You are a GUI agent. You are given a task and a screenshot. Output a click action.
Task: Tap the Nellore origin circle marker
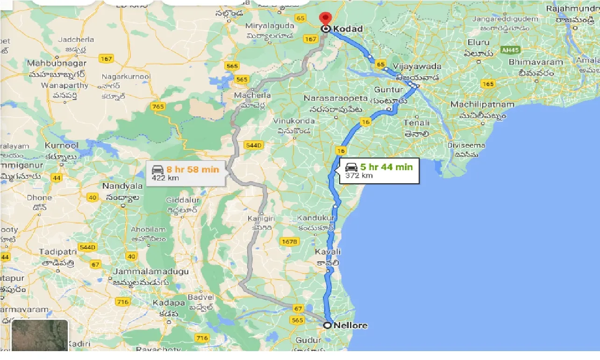coord(327,325)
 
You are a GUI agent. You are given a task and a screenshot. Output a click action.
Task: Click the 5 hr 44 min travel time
coord(386,166)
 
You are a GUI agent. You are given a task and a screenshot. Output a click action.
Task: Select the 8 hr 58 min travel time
coord(192,169)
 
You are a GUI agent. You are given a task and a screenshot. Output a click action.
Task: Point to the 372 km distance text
coord(359,176)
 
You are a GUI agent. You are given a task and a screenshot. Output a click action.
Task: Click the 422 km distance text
coord(165,178)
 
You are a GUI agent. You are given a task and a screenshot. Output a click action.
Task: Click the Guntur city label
coord(388,89)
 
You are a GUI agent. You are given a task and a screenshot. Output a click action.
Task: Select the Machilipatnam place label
coord(482,105)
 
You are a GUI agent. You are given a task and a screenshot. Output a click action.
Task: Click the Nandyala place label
coord(119,186)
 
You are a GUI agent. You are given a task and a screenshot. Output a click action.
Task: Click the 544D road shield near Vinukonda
coord(253,145)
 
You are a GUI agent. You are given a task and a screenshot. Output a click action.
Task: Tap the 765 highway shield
coord(158,107)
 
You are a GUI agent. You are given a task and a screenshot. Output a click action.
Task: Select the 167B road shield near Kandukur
coord(289,241)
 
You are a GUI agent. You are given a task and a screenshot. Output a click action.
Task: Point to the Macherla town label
coord(254,95)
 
